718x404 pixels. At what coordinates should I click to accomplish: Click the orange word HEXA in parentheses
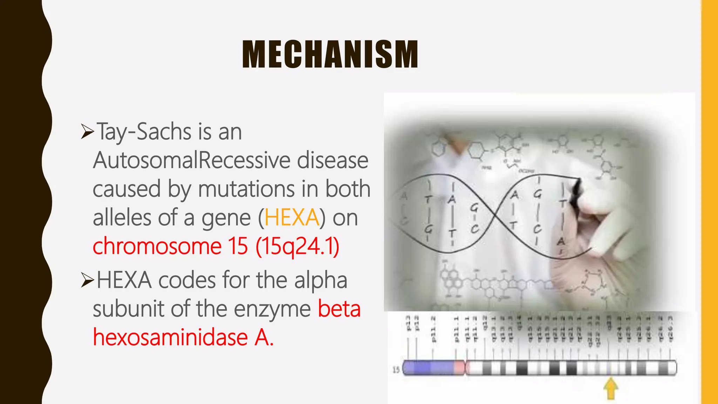click(292, 217)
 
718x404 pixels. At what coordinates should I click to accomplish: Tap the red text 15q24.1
click(297, 246)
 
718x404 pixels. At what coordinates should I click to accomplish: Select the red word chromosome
click(157, 246)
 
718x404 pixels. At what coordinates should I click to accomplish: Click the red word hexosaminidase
click(170, 337)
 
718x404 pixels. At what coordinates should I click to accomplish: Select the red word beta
click(339, 309)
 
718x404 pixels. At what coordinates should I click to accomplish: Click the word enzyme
click(272, 309)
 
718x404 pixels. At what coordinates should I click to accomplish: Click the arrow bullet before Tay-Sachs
click(87, 132)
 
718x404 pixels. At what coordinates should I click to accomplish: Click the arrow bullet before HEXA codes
click(87, 280)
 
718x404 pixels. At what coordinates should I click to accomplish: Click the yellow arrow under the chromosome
click(611, 388)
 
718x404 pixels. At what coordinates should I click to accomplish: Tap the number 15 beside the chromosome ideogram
click(396, 370)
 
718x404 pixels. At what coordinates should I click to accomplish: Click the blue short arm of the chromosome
click(428, 368)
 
